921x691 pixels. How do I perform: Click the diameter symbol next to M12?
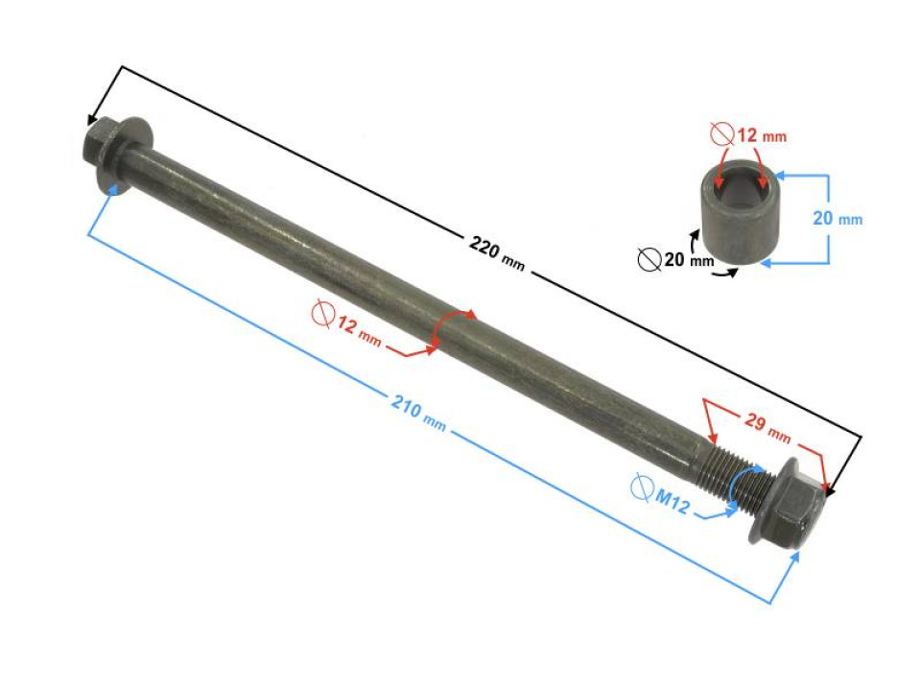[641, 488]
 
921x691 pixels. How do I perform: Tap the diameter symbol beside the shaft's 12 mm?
[321, 313]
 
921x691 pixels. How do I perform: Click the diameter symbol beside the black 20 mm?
[649, 259]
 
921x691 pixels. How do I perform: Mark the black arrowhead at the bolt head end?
[92, 121]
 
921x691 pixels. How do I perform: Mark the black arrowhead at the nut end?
[831, 490]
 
